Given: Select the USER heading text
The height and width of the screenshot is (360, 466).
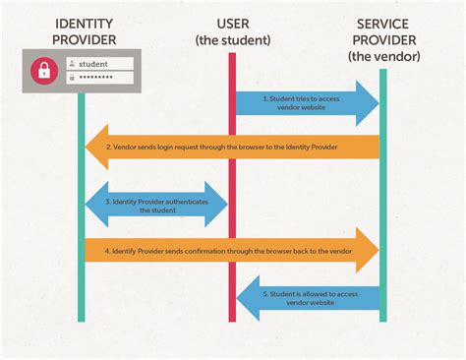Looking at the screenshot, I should [233, 23].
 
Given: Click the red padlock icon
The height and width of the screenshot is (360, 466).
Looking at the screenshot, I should [42, 71].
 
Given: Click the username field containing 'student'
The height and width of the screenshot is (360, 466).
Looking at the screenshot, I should [99, 63].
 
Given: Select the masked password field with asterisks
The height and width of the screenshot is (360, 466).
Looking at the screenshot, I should [99, 78].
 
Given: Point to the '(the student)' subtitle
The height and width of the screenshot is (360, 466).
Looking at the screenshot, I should [233, 39].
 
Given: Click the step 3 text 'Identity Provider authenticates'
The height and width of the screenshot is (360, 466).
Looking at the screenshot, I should [157, 201].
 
